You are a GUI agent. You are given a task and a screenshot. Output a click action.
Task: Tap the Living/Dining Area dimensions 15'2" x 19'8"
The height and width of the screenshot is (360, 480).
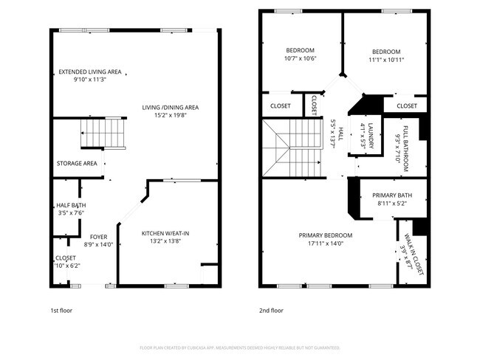tap(171, 115)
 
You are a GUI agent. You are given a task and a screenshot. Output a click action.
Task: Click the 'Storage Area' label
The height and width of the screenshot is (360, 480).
tap(77, 163)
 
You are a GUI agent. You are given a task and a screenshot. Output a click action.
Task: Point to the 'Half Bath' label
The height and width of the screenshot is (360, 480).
tap(71, 206)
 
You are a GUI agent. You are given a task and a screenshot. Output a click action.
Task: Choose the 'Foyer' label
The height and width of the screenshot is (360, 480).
tap(98, 237)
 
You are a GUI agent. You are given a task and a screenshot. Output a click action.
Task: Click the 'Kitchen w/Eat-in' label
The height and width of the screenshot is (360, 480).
tap(165, 234)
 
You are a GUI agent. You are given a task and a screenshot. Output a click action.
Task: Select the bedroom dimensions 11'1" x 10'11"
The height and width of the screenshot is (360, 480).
tap(385, 59)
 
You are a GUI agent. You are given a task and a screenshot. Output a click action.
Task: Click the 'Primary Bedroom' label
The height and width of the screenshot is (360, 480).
tap(326, 235)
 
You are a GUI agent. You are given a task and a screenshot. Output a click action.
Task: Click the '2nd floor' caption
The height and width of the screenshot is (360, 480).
tap(271, 311)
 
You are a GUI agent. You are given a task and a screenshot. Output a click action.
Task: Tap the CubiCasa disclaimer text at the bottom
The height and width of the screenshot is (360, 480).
tap(239, 347)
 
